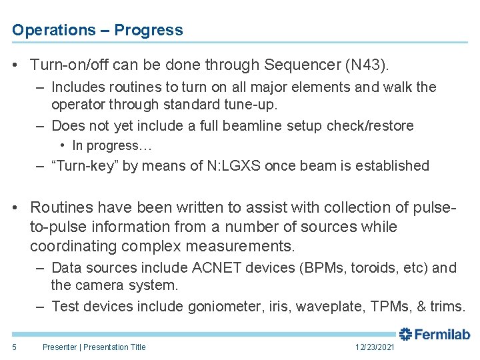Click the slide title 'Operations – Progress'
[97, 30]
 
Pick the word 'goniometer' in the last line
[223, 307]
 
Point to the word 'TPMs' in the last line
[392, 307]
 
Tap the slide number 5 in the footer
[13, 347]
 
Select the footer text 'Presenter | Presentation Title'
[93, 347]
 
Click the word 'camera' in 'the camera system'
[99, 285]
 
